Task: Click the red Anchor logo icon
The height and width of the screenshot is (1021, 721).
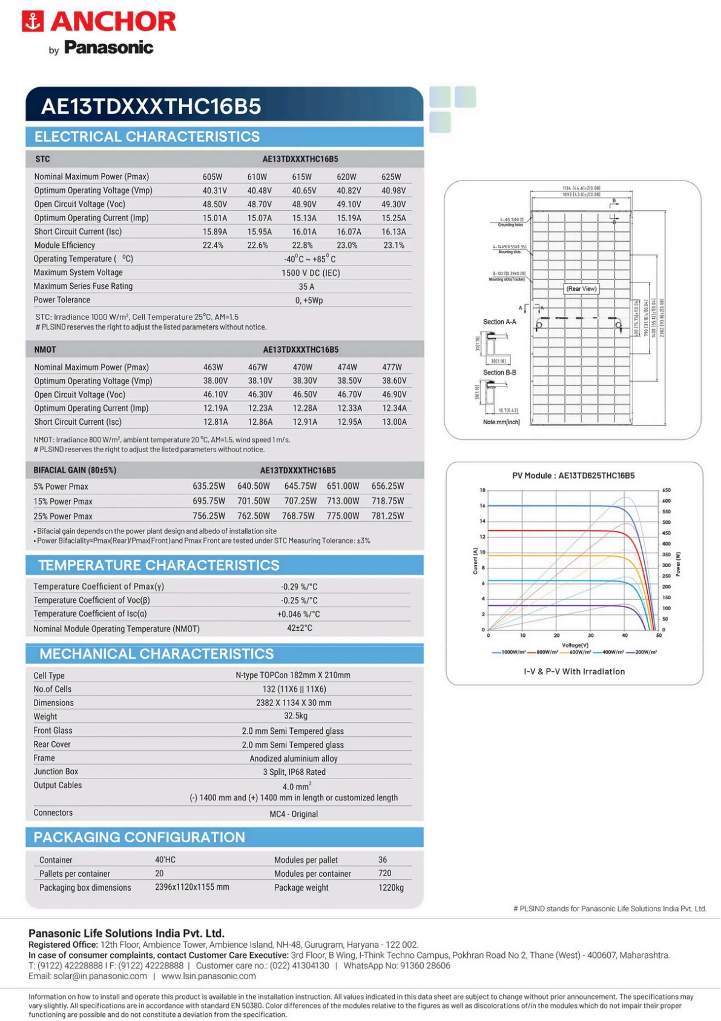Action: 33,21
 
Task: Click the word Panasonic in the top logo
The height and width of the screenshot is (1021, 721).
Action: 108,47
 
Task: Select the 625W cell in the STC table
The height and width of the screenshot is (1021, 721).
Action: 391,177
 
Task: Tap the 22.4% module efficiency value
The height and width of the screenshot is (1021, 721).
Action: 213,245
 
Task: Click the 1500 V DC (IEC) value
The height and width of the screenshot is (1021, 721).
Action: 311,273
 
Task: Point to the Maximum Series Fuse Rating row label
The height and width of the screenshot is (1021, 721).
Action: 83,286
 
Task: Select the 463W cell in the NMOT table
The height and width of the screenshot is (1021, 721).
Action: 213,367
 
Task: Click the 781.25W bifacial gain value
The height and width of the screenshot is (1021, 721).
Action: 387,516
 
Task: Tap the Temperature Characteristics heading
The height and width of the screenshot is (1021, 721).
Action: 159,565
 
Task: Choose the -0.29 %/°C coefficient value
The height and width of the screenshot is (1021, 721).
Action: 299,587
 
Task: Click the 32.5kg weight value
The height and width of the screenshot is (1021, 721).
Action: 295,716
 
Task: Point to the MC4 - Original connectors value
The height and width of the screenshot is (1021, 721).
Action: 294,814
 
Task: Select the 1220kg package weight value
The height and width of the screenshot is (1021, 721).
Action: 391,887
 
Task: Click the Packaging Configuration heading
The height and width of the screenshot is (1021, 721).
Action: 139,837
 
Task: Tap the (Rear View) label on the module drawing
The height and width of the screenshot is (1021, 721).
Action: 581,288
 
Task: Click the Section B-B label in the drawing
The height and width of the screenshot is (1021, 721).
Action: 499,373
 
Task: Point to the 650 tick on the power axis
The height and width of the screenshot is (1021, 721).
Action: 666,490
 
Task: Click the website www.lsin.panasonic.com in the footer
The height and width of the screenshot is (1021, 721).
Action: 208,976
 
